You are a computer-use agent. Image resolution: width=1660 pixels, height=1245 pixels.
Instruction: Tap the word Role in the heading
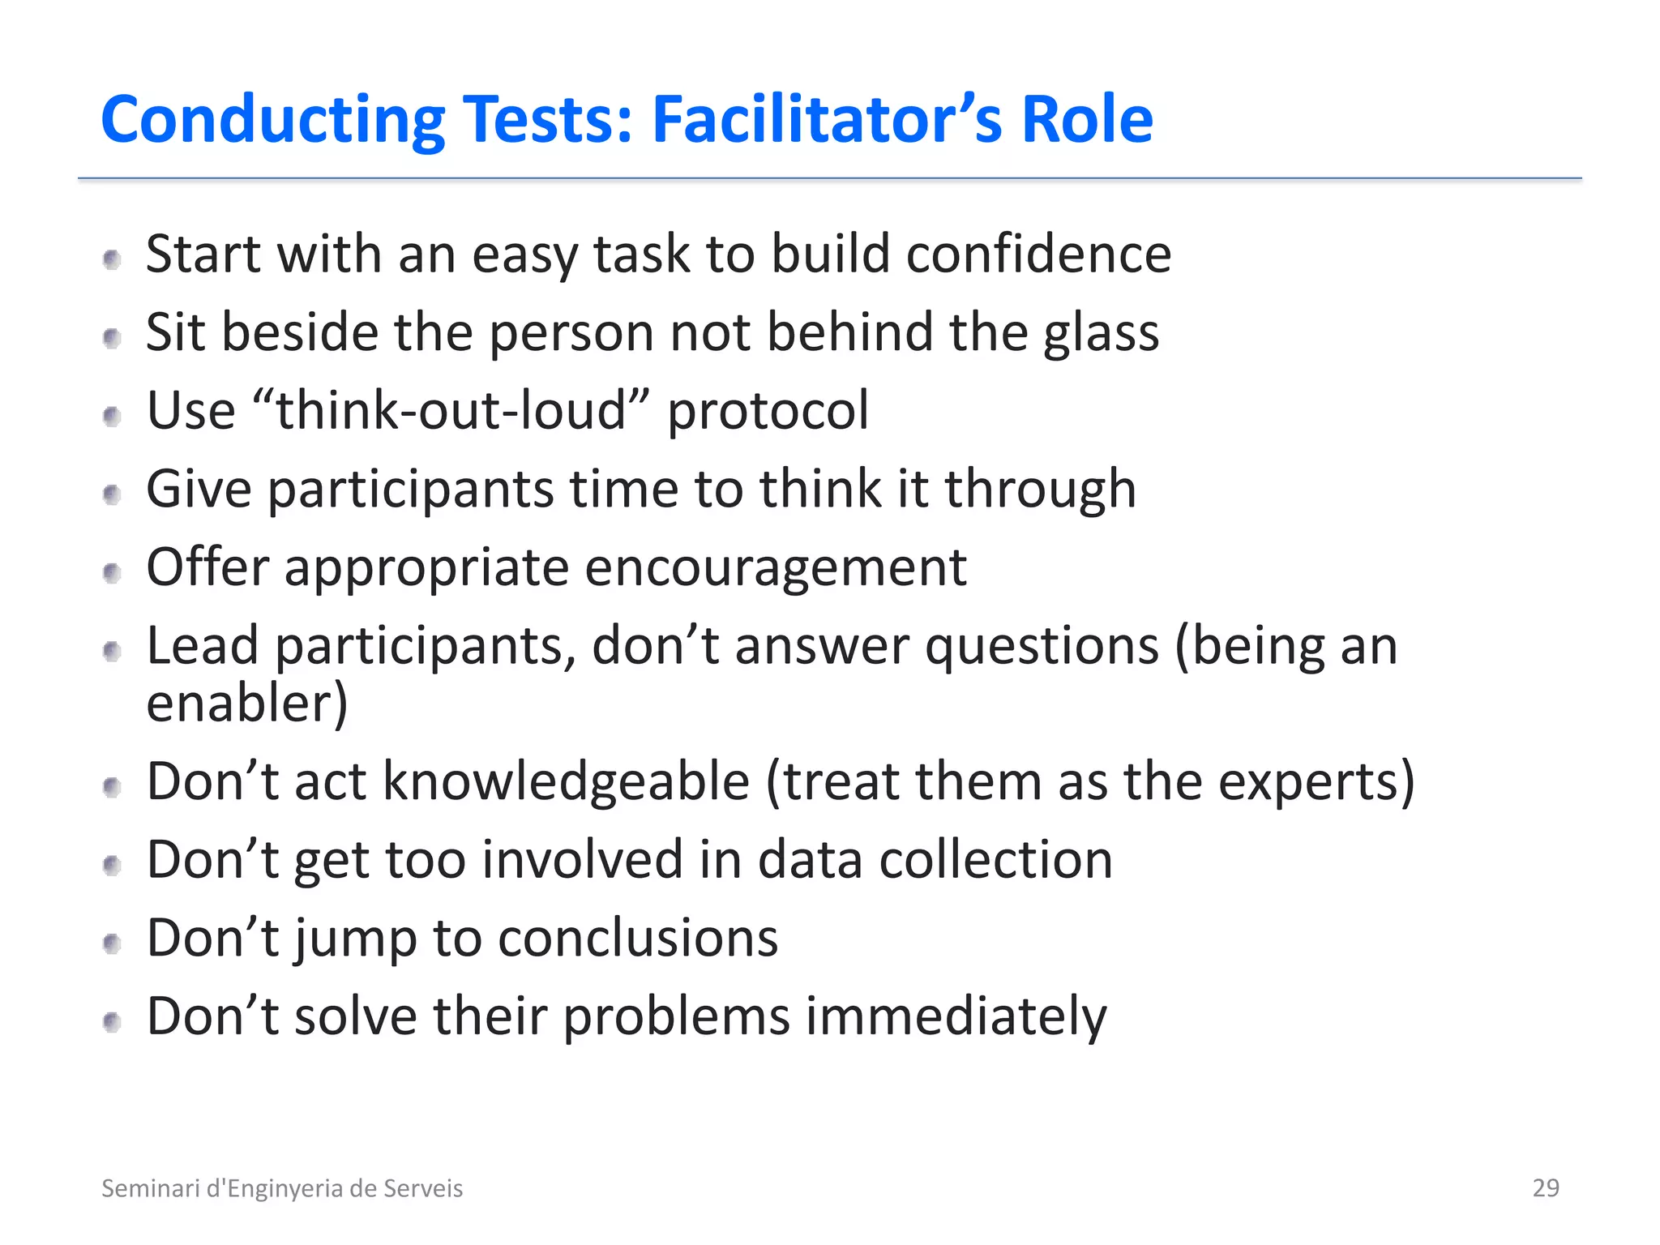coord(1086,120)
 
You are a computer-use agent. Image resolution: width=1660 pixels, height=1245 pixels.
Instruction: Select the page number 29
coord(1546,1187)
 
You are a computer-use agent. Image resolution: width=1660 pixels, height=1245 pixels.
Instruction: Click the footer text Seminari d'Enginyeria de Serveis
coord(282,1188)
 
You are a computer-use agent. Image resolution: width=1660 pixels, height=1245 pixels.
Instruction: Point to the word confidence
coord(1038,254)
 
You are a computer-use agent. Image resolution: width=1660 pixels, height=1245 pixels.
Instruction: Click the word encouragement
coord(775,567)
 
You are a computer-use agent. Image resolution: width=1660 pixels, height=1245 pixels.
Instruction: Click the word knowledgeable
coord(566,782)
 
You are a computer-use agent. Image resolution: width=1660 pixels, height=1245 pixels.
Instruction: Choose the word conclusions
coord(638,938)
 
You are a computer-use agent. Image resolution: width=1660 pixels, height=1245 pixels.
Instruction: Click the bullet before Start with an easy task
coord(113,259)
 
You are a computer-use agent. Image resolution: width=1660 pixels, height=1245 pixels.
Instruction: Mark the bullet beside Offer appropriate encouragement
coord(113,573)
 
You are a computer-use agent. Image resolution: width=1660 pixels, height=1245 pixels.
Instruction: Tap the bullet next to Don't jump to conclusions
coord(113,943)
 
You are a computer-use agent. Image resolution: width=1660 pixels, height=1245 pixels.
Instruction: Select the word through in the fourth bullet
coord(1040,490)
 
